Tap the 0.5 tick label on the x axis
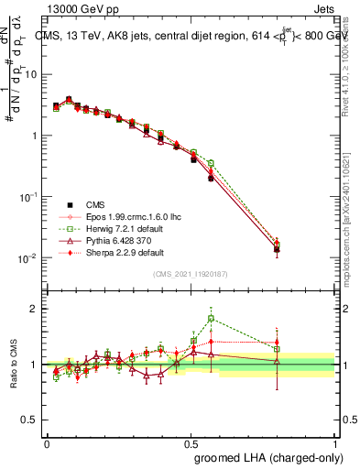191,442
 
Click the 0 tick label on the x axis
47,442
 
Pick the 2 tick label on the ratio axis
35,309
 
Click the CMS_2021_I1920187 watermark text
190,273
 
